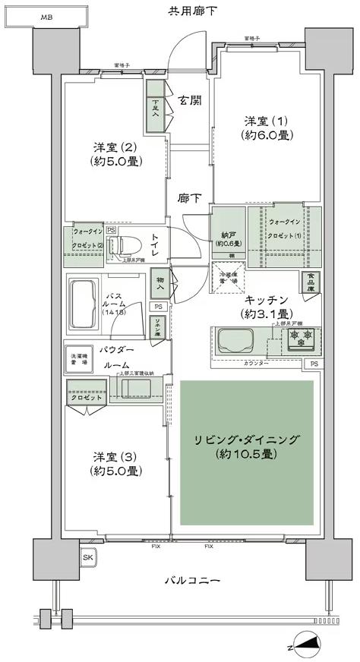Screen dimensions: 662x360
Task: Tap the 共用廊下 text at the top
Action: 192,11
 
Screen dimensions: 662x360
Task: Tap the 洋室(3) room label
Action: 116,463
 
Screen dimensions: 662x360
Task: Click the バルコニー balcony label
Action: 192,582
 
